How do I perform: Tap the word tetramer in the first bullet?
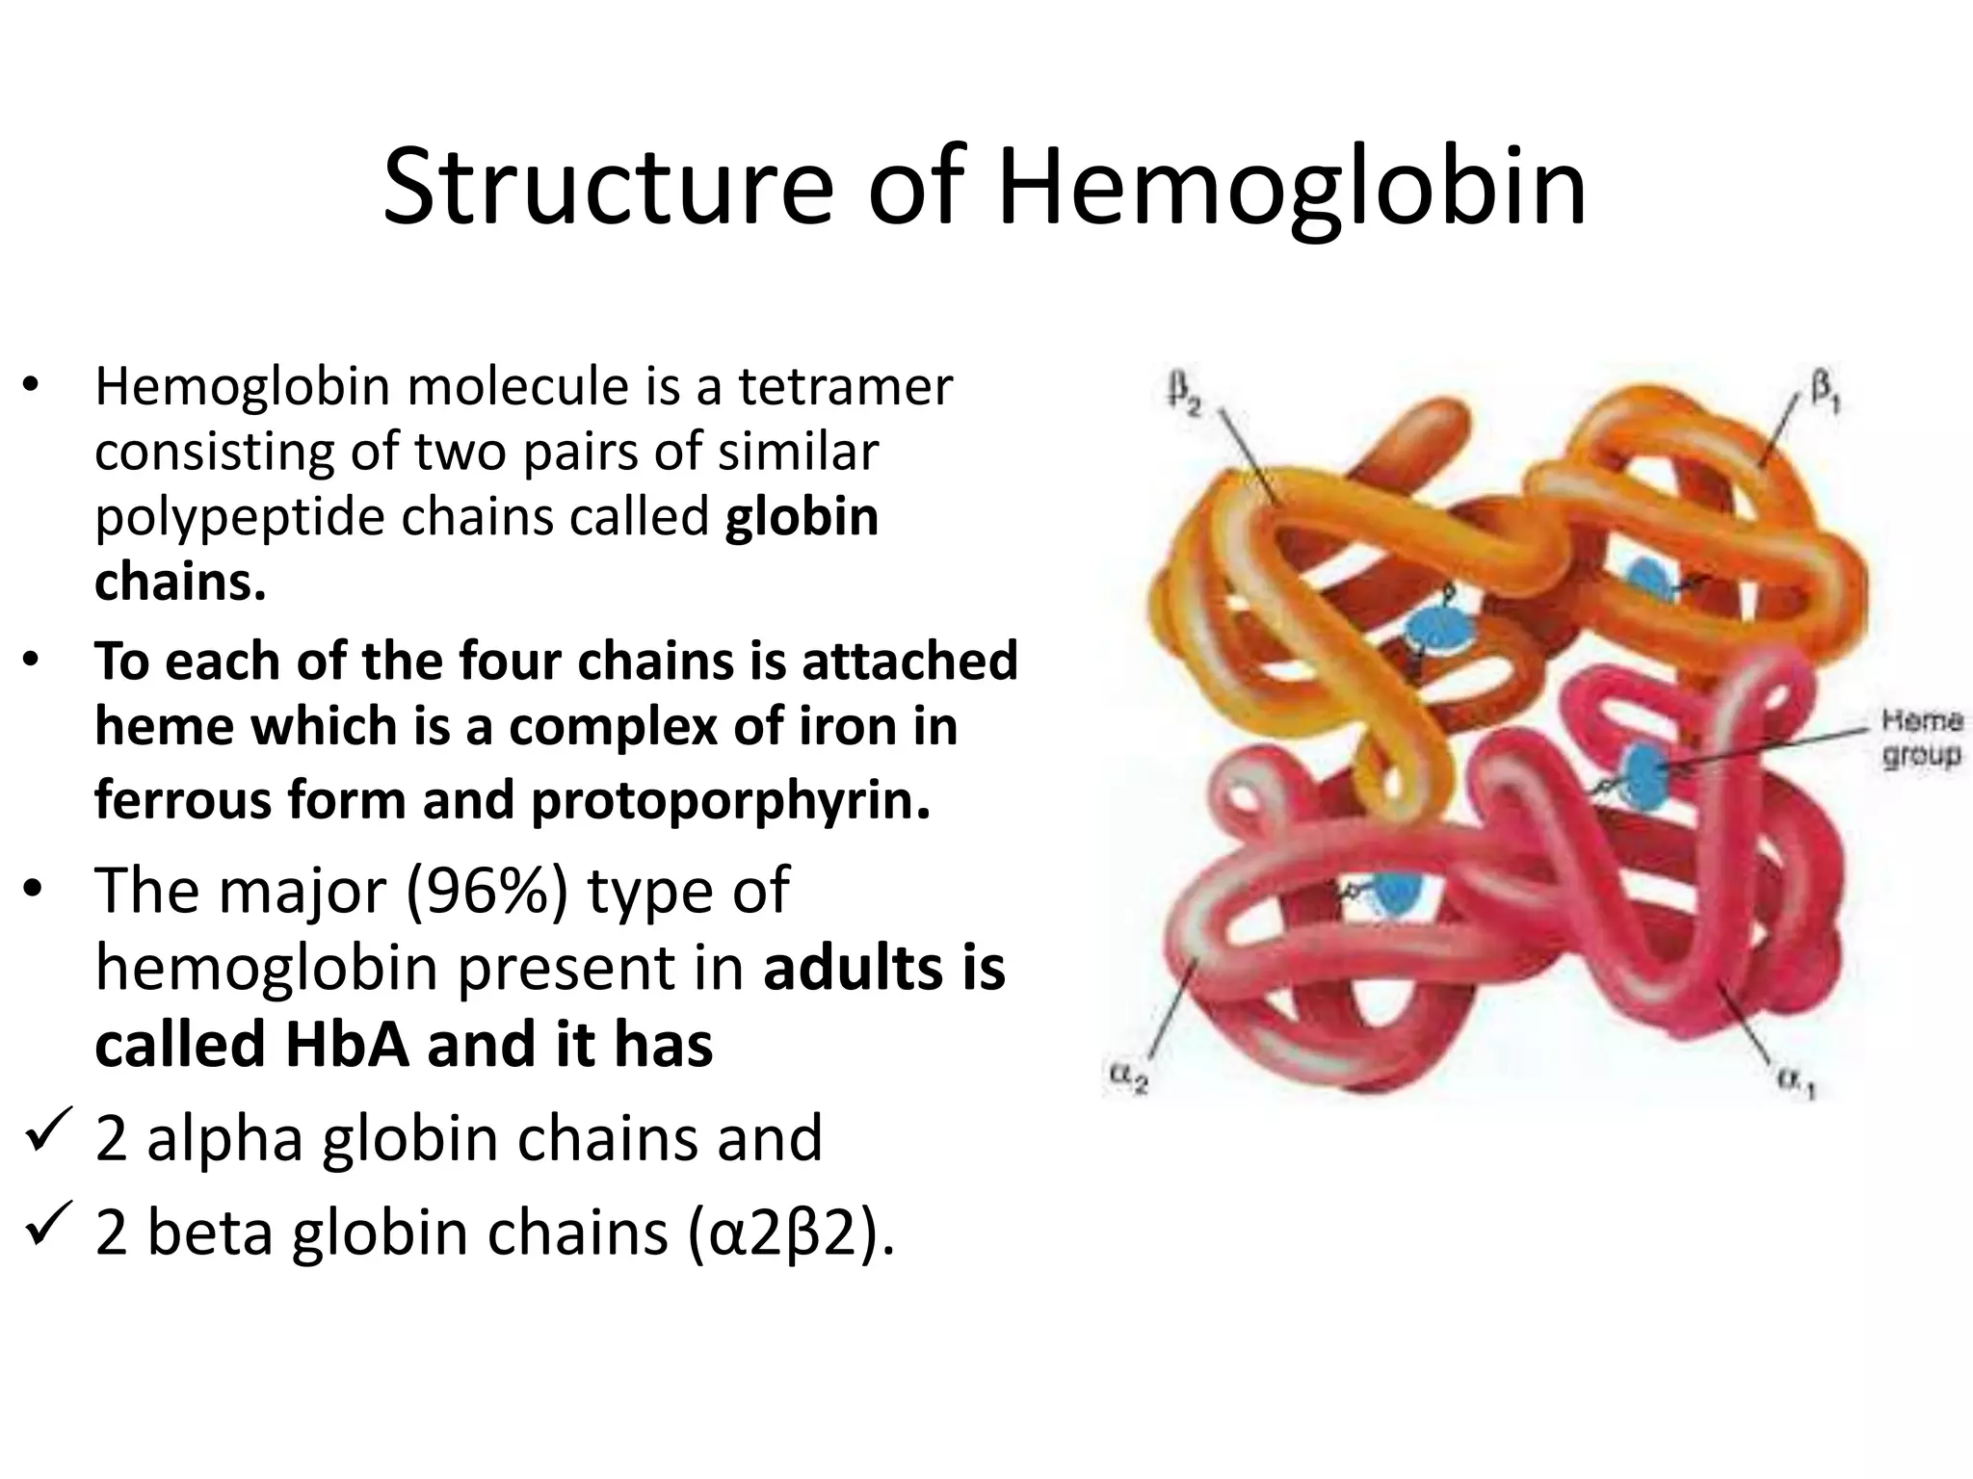(845, 387)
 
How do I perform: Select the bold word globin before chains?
(802, 517)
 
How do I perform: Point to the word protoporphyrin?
(730, 801)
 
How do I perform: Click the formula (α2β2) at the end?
(792, 1233)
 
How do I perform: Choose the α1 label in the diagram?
(1796, 1085)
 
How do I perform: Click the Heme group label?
(1921, 738)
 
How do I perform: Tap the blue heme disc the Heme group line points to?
(1644, 772)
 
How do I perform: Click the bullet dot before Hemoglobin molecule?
(31, 386)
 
